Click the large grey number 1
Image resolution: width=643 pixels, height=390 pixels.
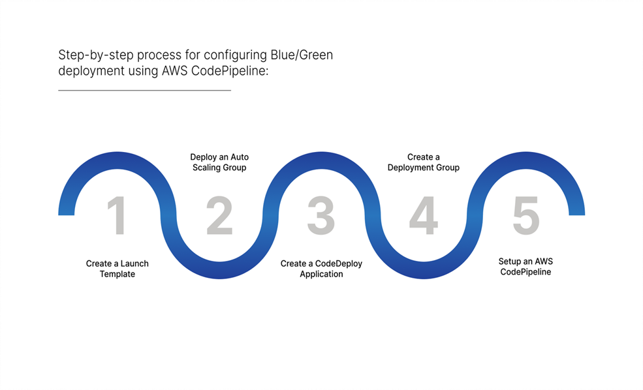click(118, 216)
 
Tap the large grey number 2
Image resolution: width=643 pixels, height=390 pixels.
click(219, 216)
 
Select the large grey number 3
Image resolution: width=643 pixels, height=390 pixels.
click(321, 216)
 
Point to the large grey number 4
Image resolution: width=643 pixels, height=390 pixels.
click(423, 216)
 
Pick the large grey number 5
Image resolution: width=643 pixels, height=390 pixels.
click(525, 216)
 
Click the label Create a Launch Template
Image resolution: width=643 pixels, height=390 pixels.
click(118, 269)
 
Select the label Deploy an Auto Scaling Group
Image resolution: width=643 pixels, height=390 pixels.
click(219, 162)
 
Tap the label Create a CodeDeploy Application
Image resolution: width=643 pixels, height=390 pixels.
click(321, 269)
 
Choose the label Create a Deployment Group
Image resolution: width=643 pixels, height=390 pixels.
click(423, 162)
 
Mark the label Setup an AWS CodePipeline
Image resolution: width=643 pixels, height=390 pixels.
click(525, 266)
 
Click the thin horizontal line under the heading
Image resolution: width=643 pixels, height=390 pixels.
click(144, 90)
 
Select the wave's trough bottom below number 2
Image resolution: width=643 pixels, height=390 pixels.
click(219, 273)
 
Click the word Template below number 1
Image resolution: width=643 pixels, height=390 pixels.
click(118, 275)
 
